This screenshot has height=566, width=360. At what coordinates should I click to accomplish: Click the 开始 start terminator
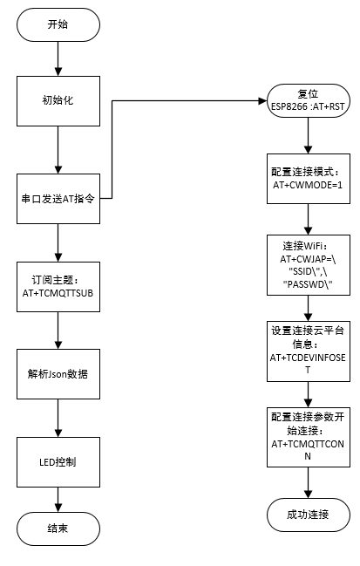point(57,25)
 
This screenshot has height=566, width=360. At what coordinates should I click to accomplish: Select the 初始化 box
point(57,101)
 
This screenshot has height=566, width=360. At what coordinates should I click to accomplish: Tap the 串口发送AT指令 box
point(57,199)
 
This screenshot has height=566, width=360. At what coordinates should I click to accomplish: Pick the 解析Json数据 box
point(57,373)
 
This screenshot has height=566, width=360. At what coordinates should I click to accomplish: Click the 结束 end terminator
point(57,528)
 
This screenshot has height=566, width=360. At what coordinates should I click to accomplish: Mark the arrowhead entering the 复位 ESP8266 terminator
point(262,101)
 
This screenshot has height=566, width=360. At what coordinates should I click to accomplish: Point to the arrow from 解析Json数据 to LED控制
point(57,417)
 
